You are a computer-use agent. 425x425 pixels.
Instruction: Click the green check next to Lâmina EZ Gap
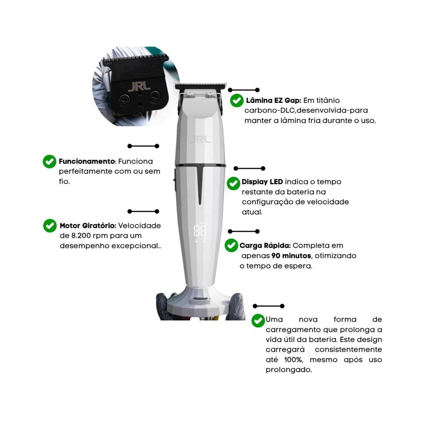click(237, 100)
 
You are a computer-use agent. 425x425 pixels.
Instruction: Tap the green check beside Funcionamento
click(49, 161)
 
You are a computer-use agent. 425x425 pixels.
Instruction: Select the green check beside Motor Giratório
click(50, 225)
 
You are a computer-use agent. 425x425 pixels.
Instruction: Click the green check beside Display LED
click(233, 183)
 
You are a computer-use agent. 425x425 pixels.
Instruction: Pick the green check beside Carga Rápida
click(231, 245)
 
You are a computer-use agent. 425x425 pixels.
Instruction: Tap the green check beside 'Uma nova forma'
click(258, 321)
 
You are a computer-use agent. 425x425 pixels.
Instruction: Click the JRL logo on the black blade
click(139, 86)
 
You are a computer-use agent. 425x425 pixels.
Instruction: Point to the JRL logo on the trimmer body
click(200, 139)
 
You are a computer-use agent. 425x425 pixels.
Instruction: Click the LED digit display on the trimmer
click(200, 231)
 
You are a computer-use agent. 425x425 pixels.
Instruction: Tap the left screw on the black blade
click(125, 100)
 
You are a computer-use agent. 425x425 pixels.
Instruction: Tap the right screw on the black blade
click(155, 97)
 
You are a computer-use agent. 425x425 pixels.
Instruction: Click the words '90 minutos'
click(291, 256)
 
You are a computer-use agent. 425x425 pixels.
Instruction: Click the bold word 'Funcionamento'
click(87, 161)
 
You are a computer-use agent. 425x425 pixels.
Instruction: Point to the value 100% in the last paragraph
click(293, 360)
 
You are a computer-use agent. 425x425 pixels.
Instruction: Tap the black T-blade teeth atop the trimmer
click(200, 86)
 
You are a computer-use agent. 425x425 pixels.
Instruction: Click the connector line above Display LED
click(249, 169)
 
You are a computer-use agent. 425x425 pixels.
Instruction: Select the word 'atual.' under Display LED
click(252, 212)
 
